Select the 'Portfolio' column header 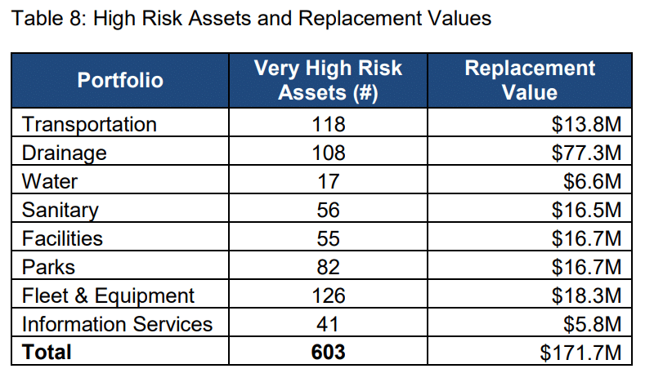coord(120,80)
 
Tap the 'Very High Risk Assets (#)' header coord(328,80)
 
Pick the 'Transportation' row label coord(89,125)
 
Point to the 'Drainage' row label coord(65,153)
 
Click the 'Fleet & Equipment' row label coord(108,295)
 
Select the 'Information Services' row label coord(117,324)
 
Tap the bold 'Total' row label coord(47,352)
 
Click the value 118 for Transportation coord(328,125)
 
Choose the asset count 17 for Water coord(328,181)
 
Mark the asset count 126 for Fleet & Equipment coord(328,295)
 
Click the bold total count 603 coord(328,352)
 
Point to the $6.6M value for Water coord(595,181)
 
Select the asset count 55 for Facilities coord(328,238)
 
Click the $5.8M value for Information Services coord(595,324)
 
